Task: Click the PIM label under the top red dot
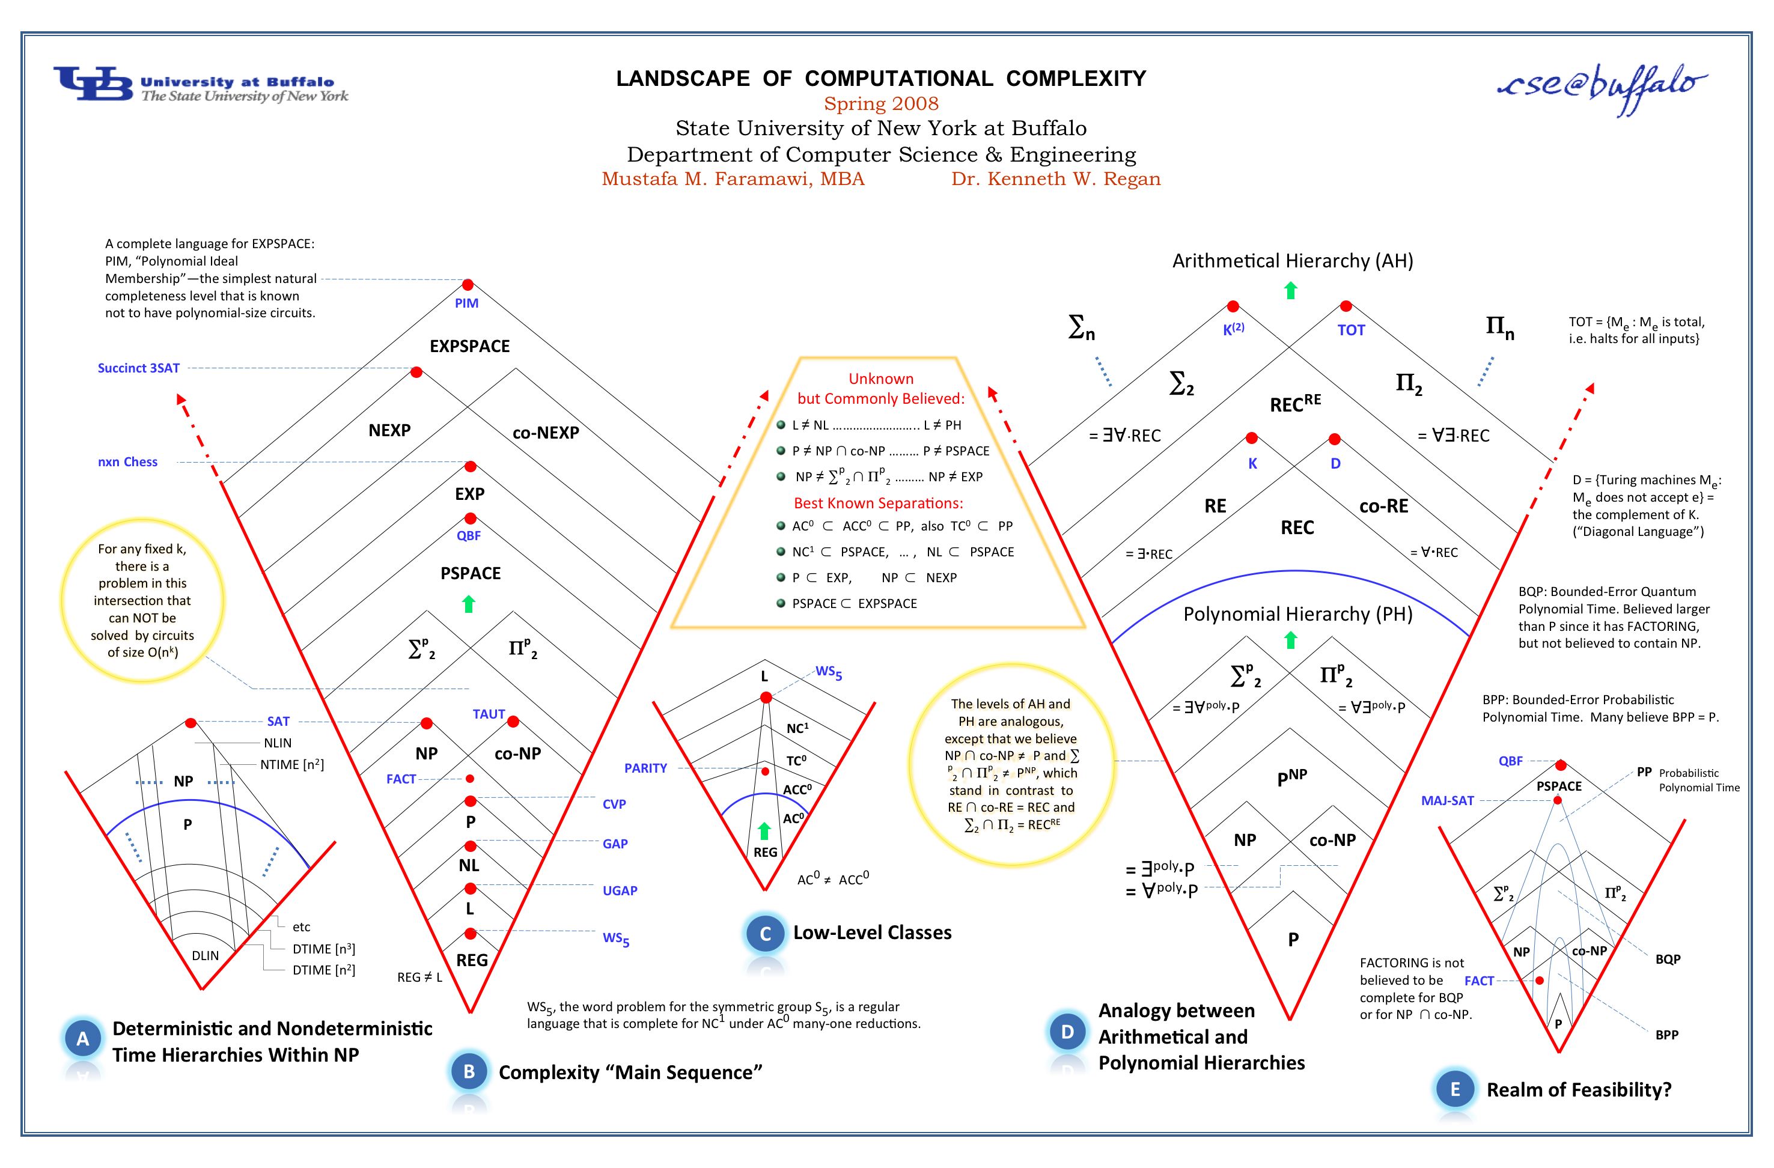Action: coord(466,303)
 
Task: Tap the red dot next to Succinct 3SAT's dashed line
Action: coord(416,372)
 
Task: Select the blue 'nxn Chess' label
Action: coord(127,462)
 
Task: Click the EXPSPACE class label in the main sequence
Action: coord(469,347)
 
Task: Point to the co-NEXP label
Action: coord(546,433)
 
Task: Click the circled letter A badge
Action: coord(83,1039)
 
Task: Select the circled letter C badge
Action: coord(765,934)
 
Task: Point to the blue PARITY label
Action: coord(645,768)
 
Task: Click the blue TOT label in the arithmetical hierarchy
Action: coord(1350,330)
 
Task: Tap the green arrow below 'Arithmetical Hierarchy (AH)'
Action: coord(1291,290)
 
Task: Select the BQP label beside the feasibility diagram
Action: coord(1668,960)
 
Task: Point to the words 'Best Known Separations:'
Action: coord(878,503)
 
